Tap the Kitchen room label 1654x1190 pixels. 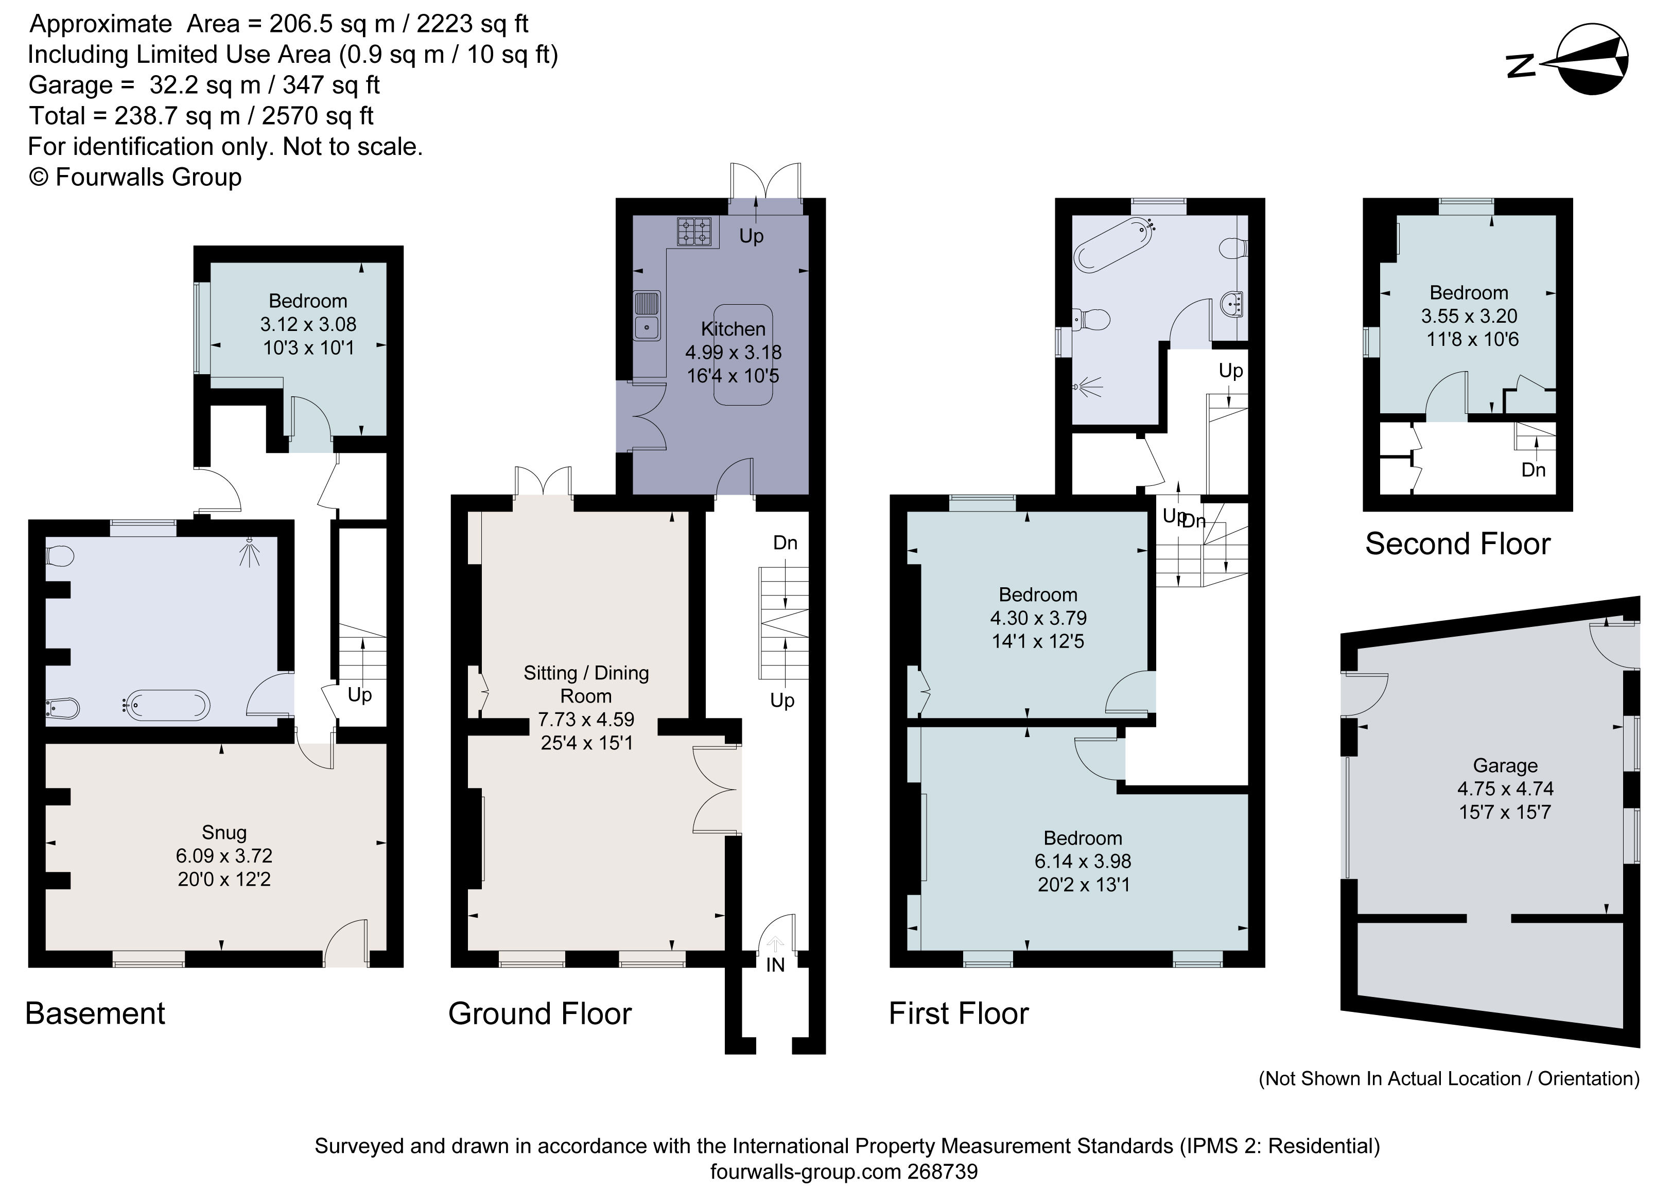click(x=733, y=329)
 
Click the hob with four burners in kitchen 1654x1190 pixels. click(x=694, y=232)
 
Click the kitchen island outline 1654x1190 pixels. click(x=742, y=355)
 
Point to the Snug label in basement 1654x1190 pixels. click(x=224, y=832)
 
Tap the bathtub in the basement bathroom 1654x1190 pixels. click(x=167, y=705)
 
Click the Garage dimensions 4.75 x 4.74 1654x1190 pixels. click(x=1505, y=788)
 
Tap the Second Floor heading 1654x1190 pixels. click(x=1457, y=544)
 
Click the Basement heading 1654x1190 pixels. click(x=95, y=1013)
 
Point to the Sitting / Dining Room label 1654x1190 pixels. click(x=586, y=684)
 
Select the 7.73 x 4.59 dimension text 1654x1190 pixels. click(x=586, y=719)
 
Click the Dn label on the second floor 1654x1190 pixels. click(x=1533, y=470)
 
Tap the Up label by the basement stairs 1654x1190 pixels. click(x=359, y=694)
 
